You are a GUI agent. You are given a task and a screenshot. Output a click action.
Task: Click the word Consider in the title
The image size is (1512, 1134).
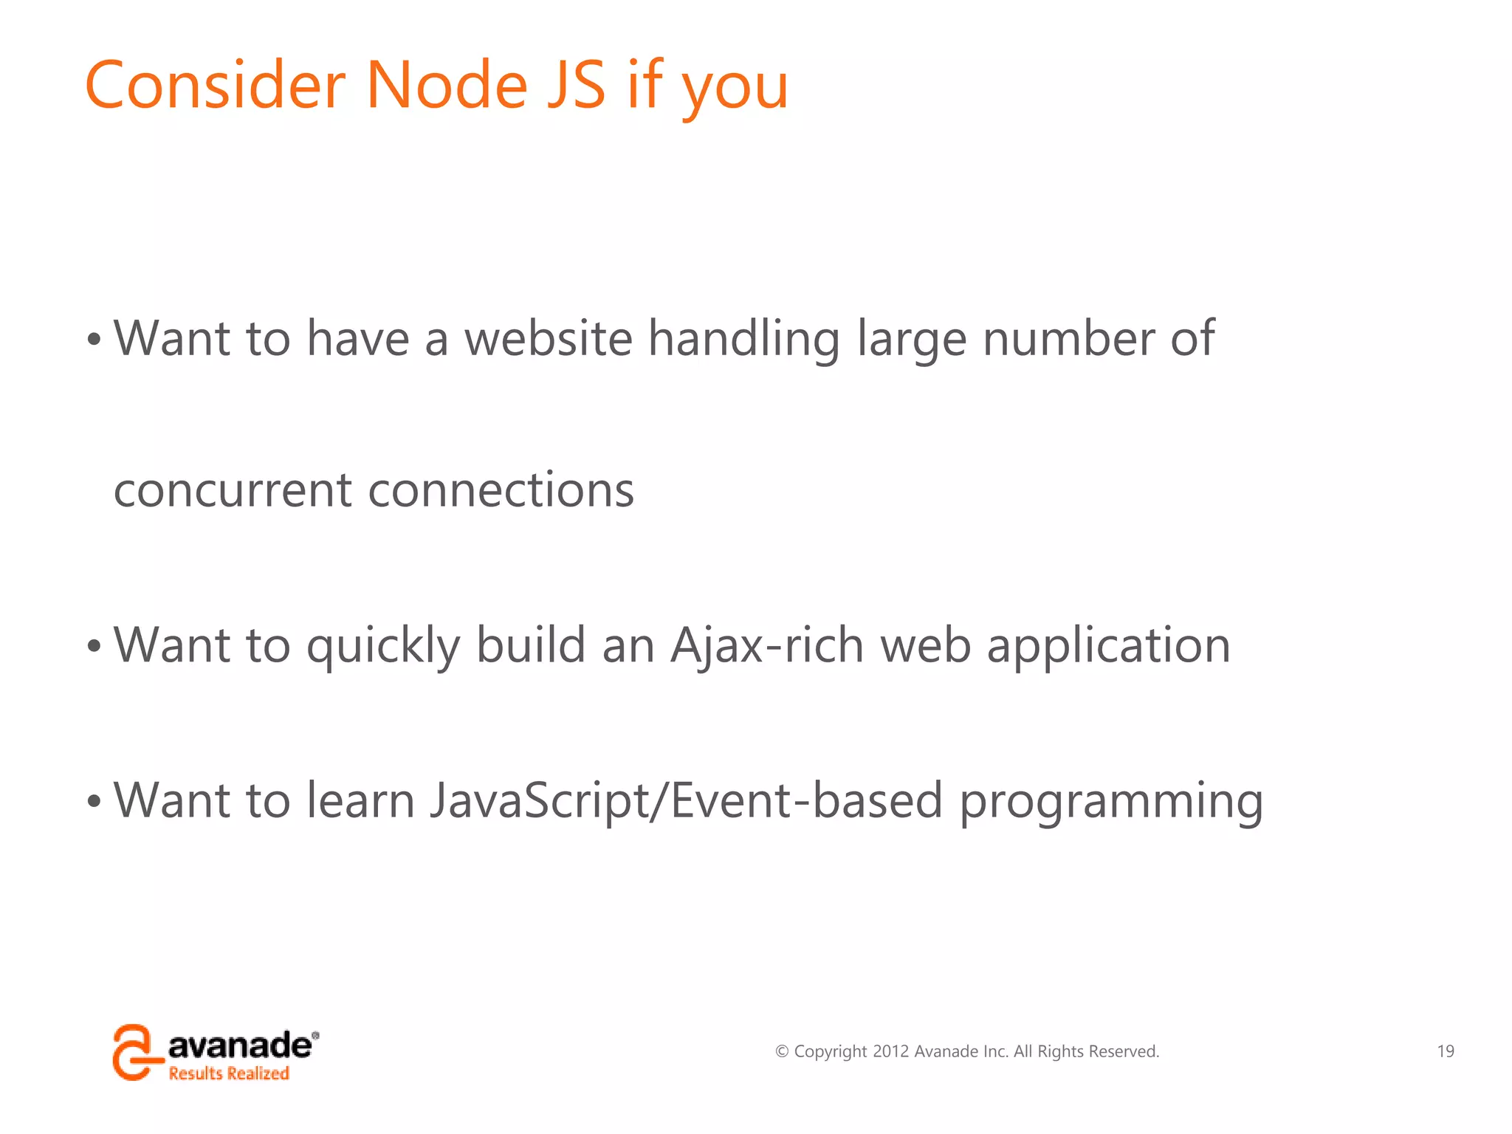pyautogui.click(x=215, y=86)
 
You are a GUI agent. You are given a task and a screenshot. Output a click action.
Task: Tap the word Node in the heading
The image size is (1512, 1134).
pyautogui.click(x=447, y=86)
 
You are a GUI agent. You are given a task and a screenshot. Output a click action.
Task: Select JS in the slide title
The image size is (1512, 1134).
pyautogui.click(x=577, y=86)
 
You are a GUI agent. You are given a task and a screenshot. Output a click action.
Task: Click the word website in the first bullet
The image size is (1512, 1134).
pyautogui.click(x=548, y=339)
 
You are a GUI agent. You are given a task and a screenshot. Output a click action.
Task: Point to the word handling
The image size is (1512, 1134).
pyautogui.click(x=743, y=339)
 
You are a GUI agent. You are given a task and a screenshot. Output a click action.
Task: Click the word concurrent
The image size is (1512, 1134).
pyautogui.click(x=233, y=490)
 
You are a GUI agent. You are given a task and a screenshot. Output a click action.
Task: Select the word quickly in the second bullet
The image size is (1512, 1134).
pyautogui.click(x=383, y=647)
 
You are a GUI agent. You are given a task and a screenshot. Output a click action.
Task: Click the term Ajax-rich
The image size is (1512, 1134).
pyautogui.click(x=767, y=645)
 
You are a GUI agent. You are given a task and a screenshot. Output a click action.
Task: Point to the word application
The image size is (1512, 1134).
pyautogui.click(x=1108, y=647)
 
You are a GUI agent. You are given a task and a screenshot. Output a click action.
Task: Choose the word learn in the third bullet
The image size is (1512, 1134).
pyautogui.click(x=360, y=800)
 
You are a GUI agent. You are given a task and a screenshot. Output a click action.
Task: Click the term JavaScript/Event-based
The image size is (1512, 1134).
pyautogui.click(x=686, y=800)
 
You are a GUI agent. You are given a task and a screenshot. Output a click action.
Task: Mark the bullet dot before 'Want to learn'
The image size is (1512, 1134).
pyautogui.click(x=94, y=802)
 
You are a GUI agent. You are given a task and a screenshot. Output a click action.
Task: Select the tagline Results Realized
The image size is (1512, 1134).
pyautogui.click(x=229, y=1073)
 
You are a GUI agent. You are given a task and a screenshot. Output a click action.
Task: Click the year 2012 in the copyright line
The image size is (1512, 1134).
pyautogui.click(x=890, y=1051)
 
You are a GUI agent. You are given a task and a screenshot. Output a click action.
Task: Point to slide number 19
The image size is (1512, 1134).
pyautogui.click(x=1445, y=1051)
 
